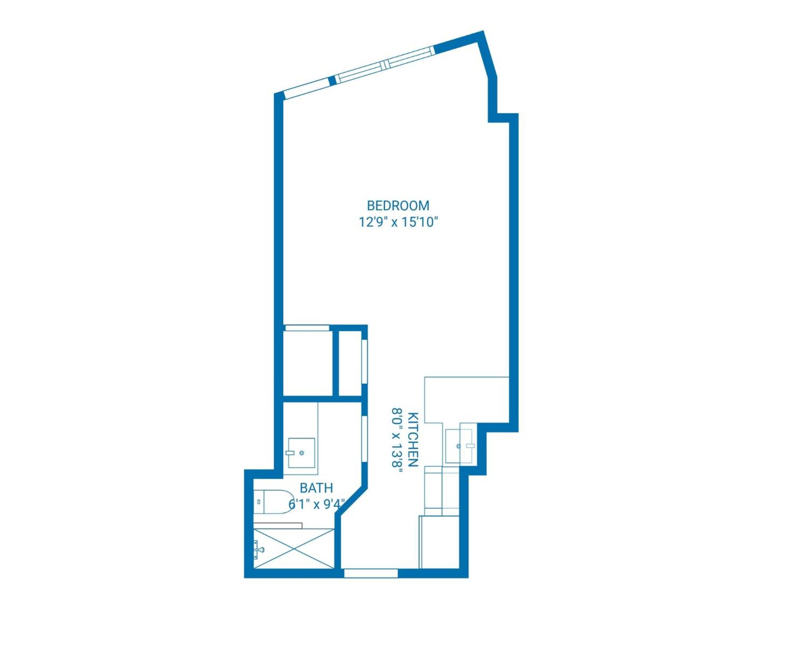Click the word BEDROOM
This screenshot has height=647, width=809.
click(x=398, y=206)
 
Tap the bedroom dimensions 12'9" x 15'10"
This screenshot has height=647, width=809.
click(x=398, y=222)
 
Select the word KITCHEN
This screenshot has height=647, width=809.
click(x=413, y=440)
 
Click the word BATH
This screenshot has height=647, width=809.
click(x=316, y=488)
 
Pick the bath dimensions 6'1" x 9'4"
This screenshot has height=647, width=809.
click(x=317, y=504)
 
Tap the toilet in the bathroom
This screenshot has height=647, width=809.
click(x=273, y=502)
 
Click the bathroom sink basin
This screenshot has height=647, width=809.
click(x=301, y=453)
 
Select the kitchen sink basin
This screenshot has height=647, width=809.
click(x=459, y=446)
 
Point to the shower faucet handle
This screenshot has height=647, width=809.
click(x=258, y=549)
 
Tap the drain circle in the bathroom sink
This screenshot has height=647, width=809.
click(x=301, y=453)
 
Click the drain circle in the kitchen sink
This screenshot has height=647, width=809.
click(x=458, y=446)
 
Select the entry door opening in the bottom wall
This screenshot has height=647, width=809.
click(x=371, y=573)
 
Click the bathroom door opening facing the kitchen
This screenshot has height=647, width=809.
click(x=364, y=438)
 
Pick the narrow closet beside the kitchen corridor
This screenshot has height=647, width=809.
click(x=350, y=363)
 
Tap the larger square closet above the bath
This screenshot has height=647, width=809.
click(x=307, y=363)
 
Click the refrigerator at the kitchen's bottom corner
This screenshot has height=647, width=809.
click(x=439, y=542)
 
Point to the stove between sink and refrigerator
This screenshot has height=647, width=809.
click(x=442, y=491)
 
